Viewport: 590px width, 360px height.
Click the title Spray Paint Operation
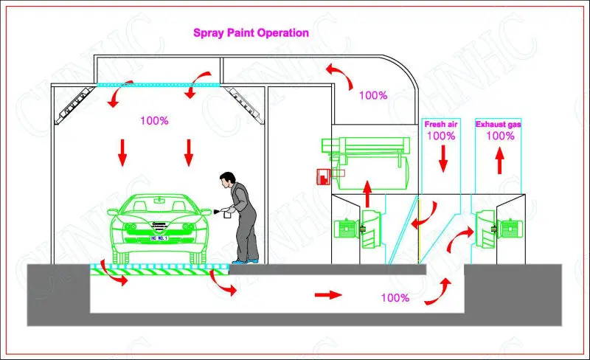click(251, 33)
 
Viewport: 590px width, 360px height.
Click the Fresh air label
click(440, 125)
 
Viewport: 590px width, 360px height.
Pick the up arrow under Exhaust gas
click(499, 158)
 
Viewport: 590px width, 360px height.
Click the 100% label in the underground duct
click(395, 298)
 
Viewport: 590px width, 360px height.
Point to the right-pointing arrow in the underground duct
click(327, 294)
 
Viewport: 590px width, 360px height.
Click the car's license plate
click(160, 237)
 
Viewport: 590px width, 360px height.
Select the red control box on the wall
click(321, 176)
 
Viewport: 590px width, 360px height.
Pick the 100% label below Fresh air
click(440, 136)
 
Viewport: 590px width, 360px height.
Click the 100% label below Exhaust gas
click(500, 136)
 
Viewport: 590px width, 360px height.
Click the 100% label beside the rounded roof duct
click(373, 95)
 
